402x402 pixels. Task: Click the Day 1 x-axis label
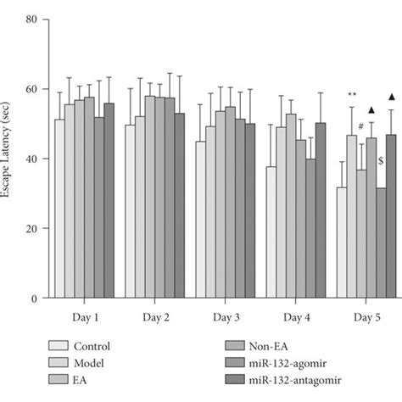pyautogui.click(x=83, y=315)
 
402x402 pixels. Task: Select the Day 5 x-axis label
pyautogui.click(x=366, y=315)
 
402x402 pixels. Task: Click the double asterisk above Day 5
pyautogui.click(x=352, y=95)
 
